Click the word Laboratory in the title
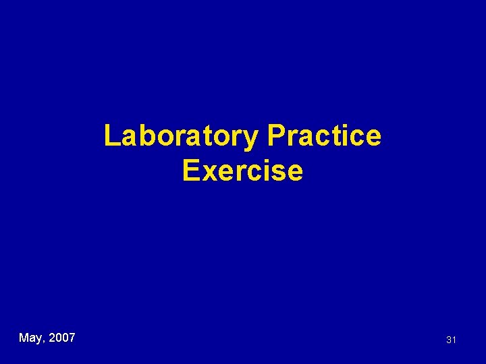[181, 136]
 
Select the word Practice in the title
[324, 136]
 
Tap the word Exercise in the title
[242, 171]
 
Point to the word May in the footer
[31, 338]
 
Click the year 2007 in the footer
[62, 337]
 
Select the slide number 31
[451, 340]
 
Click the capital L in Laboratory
[111, 136]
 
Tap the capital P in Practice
[275, 136]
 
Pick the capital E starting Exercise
[190, 171]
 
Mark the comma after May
[45, 341]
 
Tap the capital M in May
[24, 337]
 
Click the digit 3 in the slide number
[448, 340]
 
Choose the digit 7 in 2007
[72, 337]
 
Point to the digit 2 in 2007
[53, 337]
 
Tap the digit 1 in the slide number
[454, 340]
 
